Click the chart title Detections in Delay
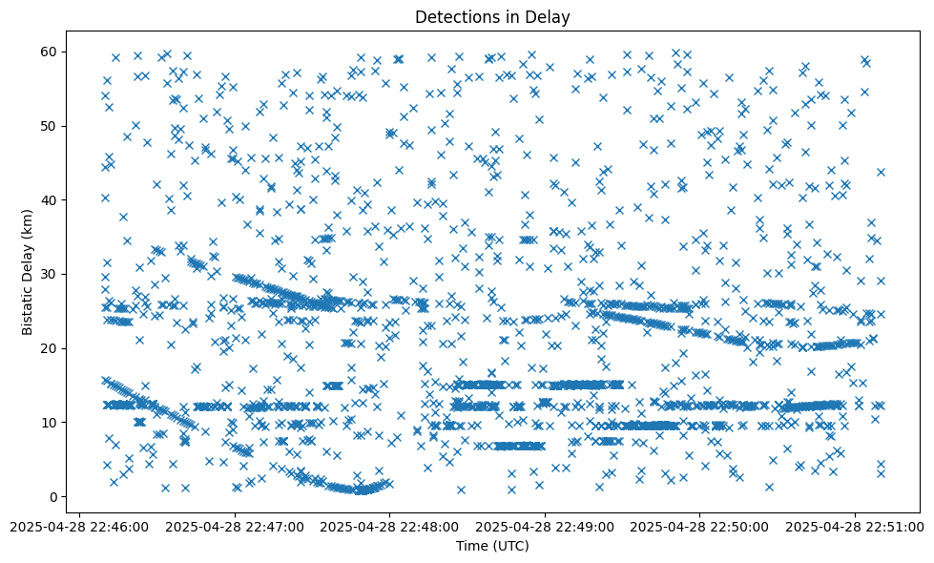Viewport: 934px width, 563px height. point(492,16)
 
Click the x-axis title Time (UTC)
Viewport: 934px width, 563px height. point(492,546)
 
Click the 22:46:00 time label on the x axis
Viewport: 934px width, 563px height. point(79,526)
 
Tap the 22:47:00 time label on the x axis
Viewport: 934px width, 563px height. point(235,526)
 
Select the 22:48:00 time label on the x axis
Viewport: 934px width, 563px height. point(390,526)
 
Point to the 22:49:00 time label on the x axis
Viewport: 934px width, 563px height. point(545,526)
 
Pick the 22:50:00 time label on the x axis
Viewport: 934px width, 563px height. point(700,526)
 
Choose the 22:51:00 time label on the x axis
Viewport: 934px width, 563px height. point(856,526)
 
